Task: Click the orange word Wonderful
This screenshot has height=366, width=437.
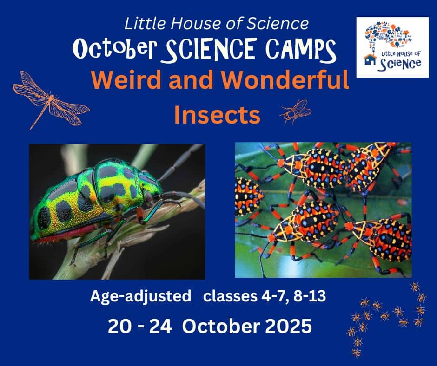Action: (x=285, y=80)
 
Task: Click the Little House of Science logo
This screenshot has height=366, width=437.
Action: (x=392, y=47)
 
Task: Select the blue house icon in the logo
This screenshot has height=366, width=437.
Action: (x=370, y=59)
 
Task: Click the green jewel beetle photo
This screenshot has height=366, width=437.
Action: (x=117, y=212)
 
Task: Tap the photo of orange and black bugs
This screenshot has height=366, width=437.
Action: (x=323, y=210)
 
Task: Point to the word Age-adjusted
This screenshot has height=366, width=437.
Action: (x=140, y=296)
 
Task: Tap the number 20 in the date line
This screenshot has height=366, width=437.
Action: (x=119, y=326)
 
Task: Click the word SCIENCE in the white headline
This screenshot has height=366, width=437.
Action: (x=211, y=50)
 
